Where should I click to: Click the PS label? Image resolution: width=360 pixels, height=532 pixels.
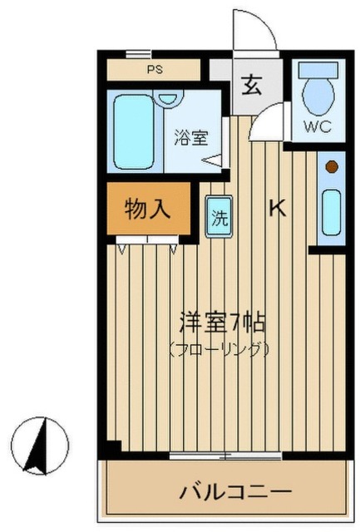point(155,70)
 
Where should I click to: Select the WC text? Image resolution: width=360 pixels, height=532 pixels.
point(318,126)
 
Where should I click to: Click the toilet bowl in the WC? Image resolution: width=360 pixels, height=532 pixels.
point(318,97)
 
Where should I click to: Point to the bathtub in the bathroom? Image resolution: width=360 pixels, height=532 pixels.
point(134,132)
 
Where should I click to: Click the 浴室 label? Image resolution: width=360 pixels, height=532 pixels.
point(191,137)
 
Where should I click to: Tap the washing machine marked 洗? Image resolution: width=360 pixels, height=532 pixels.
point(219,217)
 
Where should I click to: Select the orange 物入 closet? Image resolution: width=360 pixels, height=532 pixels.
point(148,209)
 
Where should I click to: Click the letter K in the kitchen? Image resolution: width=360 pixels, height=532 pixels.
point(278,208)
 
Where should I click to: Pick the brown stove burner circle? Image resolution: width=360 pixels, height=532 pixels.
point(332,167)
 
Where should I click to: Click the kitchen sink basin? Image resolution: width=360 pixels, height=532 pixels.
point(331,213)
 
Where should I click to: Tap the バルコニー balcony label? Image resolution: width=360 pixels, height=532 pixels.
point(235,491)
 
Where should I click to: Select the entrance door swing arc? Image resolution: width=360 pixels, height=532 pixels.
point(264,24)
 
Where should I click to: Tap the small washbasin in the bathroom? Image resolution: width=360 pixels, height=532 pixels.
point(168,99)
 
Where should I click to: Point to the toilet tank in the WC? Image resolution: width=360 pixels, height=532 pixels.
point(318,70)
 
